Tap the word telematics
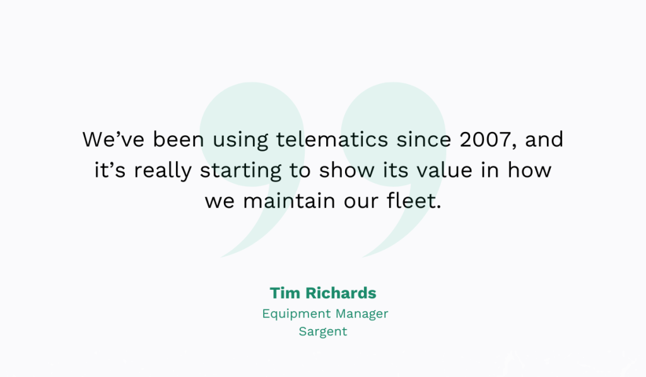pyautogui.click(x=333, y=140)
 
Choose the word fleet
pyautogui.click(x=412, y=202)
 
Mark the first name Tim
pyautogui.click(x=285, y=293)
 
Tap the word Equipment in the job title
pyautogui.click(x=296, y=314)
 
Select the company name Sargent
pyautogui.click(x=323, y=332)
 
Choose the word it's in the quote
pyautogui.click(x=107, y=171)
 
